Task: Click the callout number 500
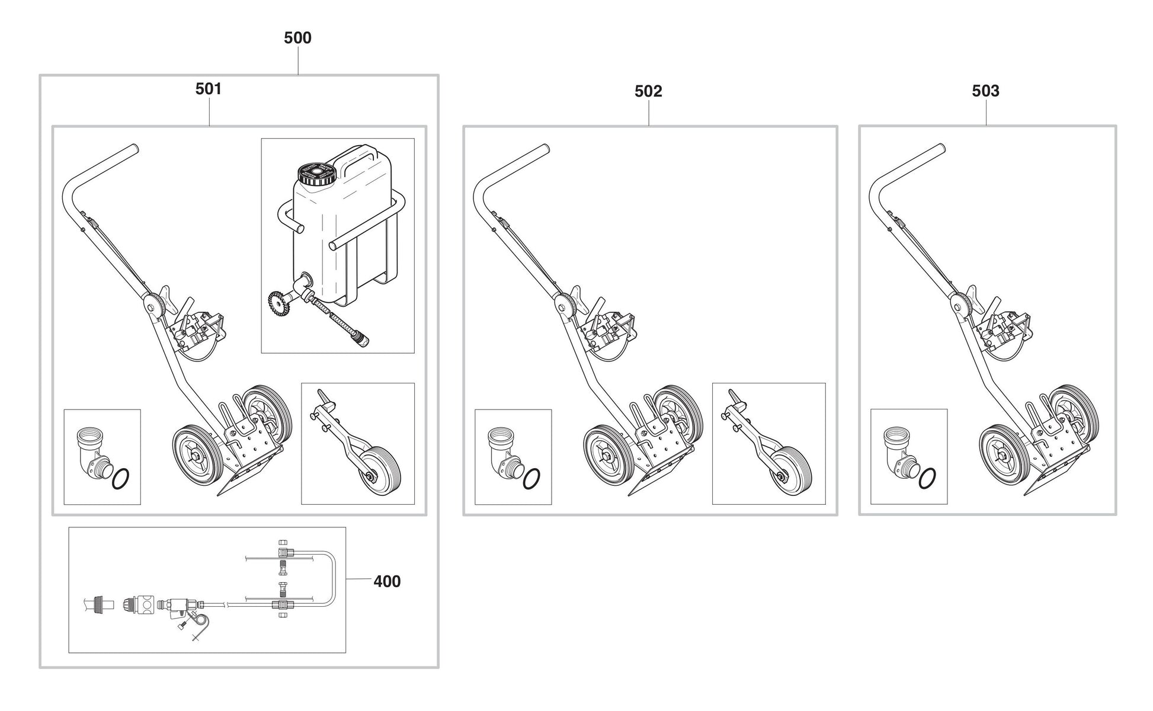click(297, 38)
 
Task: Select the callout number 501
click(209, 89)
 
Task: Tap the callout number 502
click(648, 91)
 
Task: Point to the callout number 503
click(985, 91)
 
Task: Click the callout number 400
click(387, 581)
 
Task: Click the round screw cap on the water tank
click(316, 174)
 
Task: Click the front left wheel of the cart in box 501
click(197, 457)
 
